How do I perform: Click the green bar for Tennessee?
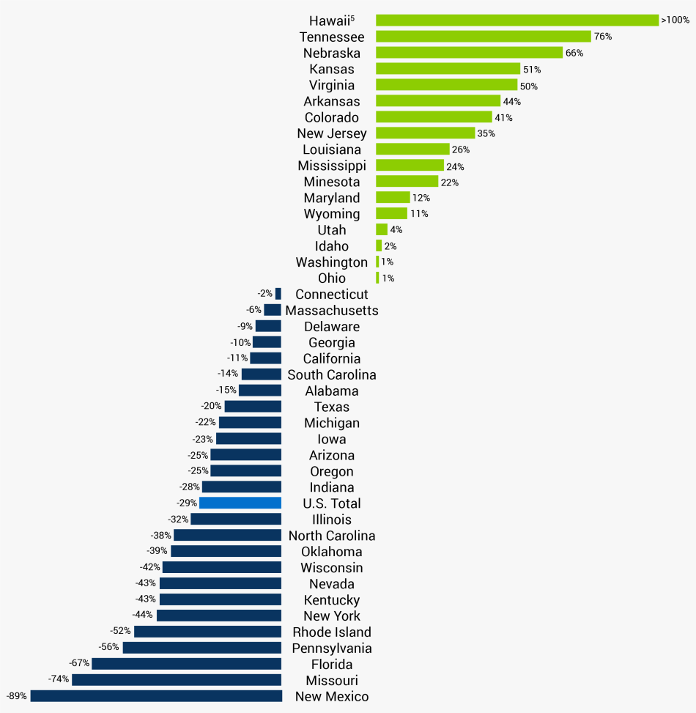tap(483, 37)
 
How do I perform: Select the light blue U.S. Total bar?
tap(240, 503)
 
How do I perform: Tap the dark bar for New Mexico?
tap(156, 696)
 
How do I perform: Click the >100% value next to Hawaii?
tap(675, 21)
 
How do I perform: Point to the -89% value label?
tap(16, 696)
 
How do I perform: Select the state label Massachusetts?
tap(332, 311)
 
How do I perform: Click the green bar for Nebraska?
tap(469, 53)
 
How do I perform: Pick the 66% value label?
tap(574, 53)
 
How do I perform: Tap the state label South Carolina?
tap(332, 375)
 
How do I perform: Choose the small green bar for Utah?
tap(382, 230)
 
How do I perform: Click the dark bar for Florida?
tap(186, 664)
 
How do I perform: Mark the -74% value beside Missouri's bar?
tap(59, 679)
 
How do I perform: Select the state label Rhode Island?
tap(332, 632)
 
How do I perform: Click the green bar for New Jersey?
tap(425, 133)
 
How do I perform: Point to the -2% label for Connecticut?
tap(265, 294)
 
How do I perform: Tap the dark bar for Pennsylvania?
tap(202, 648)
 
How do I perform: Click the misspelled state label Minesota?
tap(332, 182)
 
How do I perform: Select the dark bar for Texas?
tap(253, 406)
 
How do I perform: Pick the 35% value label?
tap(486, 133)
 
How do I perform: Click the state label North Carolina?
tap(332, 536)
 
